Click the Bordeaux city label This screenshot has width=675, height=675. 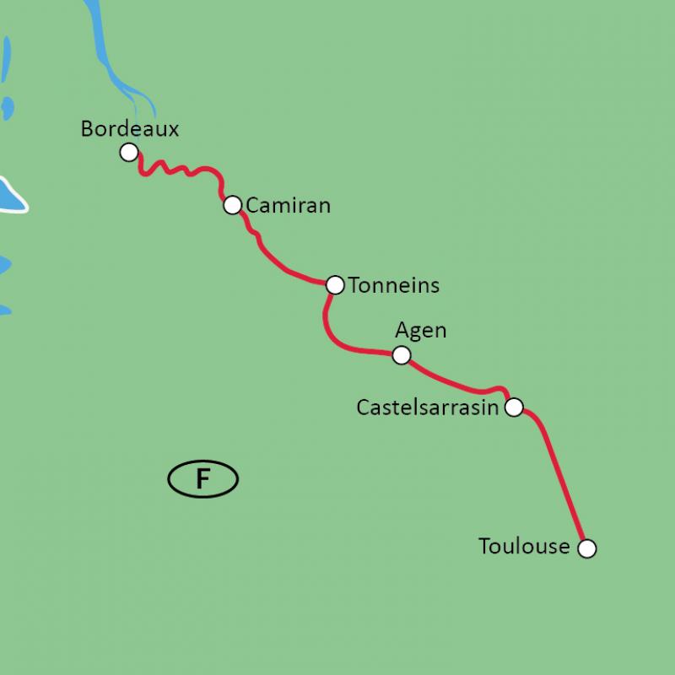(130, 129)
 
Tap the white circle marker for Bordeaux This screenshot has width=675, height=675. (129, 152)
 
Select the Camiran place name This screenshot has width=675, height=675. (288, 205)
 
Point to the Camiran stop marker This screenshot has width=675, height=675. (232, 205)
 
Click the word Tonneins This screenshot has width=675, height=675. (394, 285)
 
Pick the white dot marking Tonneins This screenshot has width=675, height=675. (335, 285)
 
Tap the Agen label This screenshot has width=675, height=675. (420, 331)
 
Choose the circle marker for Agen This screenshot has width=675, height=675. (402, 355)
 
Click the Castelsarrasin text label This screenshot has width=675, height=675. (428, 408)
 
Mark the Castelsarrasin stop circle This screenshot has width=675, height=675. (513, 408)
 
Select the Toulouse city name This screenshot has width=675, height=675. (524, 547)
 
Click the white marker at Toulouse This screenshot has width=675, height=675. (586, 548)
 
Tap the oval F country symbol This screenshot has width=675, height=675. (202, 479)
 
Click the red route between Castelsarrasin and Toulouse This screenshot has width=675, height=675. (557, 472)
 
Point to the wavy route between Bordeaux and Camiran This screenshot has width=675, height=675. (181, 170)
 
